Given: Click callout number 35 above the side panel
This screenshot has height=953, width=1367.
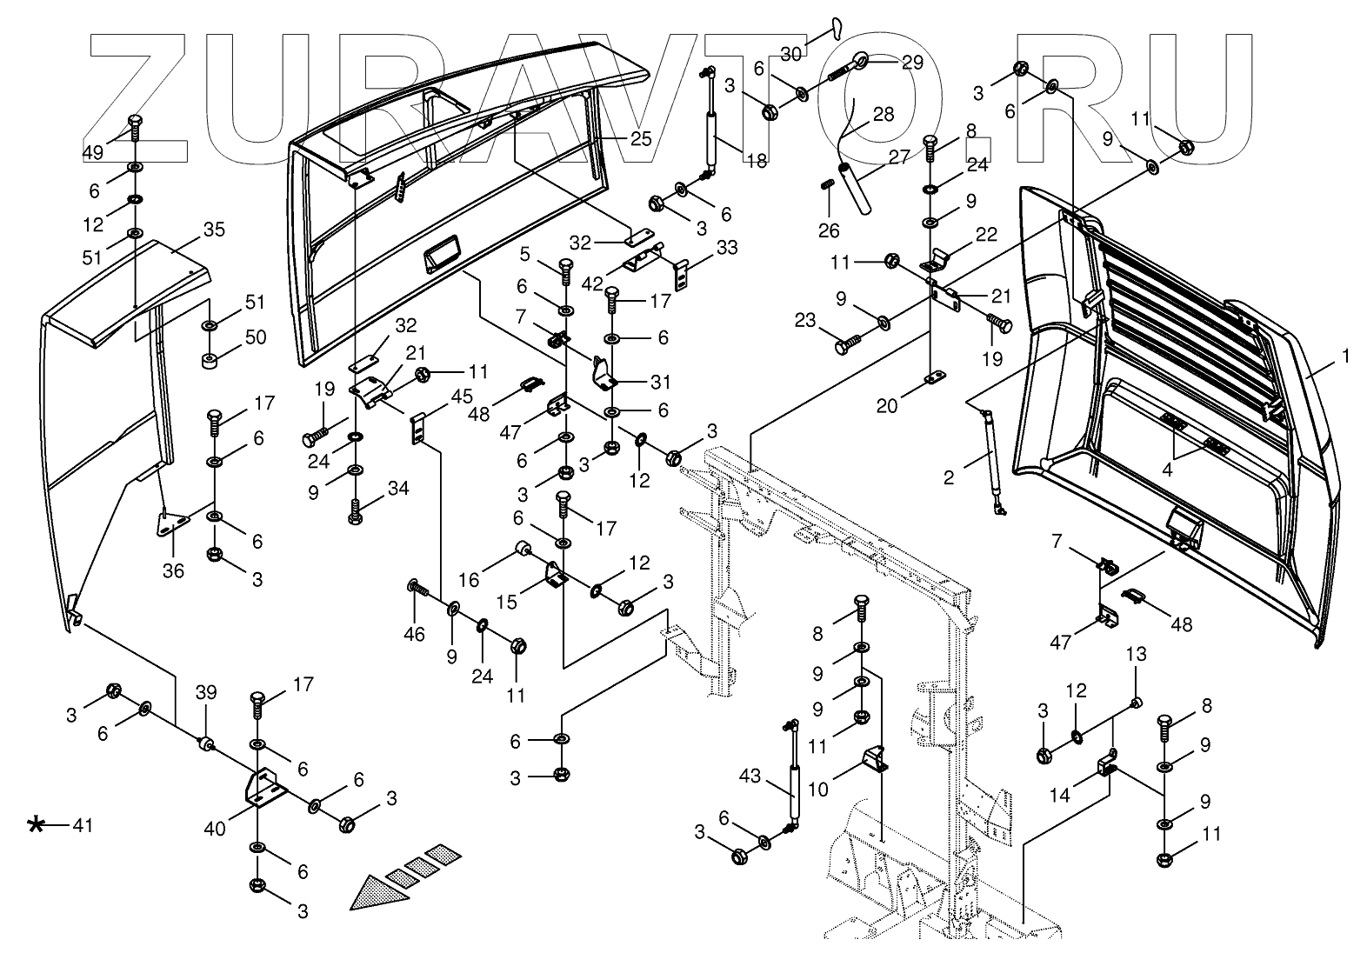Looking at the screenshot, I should click(214, 230).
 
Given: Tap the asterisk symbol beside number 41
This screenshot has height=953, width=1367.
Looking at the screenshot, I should click(36, 824).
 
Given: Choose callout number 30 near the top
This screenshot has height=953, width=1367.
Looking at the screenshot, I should click(790, 54).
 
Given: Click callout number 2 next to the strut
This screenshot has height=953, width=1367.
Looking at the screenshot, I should click(949, 476).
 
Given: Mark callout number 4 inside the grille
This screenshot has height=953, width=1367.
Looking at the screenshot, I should click(1169, 470).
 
